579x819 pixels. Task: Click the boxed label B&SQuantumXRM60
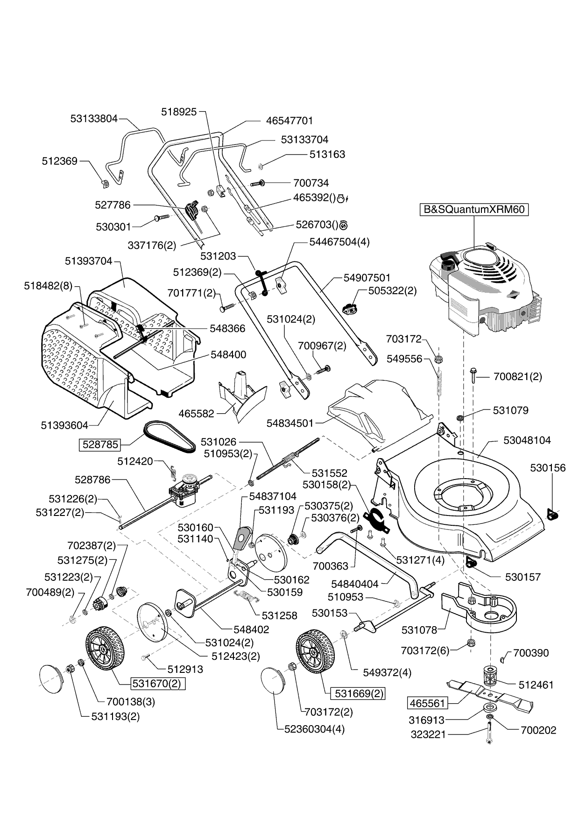point(474,209)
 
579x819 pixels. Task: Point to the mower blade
point(490,694)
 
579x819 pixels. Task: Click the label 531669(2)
point(357,693)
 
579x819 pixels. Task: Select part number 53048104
point(527,440)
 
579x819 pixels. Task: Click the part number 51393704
point(89,261)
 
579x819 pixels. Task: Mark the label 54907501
point(367,278)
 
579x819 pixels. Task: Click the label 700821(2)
point(517,376)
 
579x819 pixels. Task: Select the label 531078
point(419,630)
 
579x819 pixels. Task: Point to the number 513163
point(327,155)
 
